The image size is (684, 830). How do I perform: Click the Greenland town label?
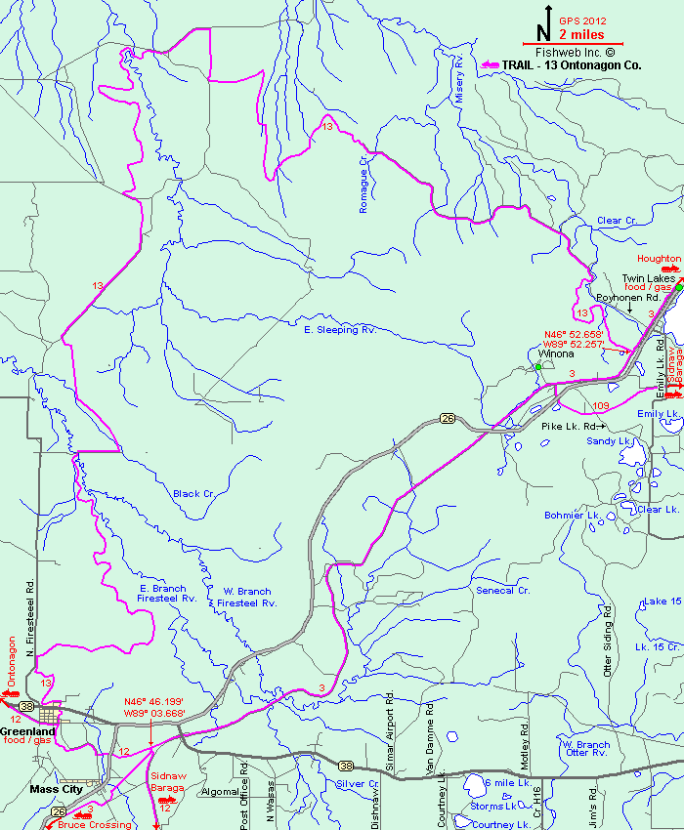pos(27,730)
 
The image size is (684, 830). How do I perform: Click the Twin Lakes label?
pos(649,278)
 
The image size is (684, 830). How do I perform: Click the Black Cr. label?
pos(193,493)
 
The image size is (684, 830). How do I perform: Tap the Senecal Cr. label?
pos(502,591)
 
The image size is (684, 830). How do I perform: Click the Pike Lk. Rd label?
pos(571,427)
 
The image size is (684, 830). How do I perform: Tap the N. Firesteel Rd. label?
pos(30,625)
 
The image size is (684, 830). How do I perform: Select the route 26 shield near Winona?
pos(448,418)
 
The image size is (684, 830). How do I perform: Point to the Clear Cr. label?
pos(616,221)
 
